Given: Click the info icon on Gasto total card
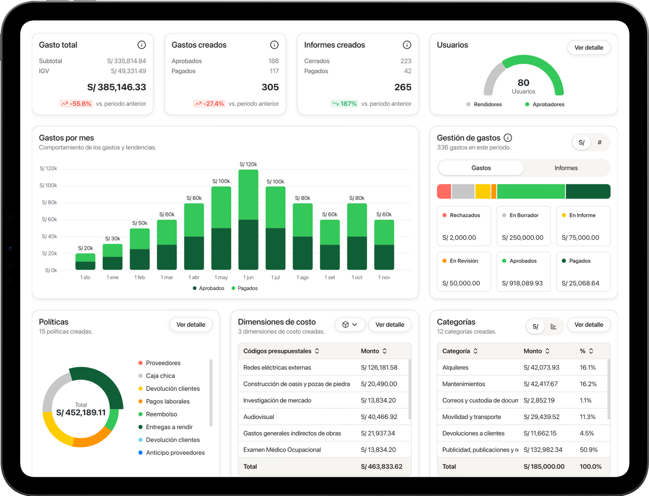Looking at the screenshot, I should [x=141, y=45].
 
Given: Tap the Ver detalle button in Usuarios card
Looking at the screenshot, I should [x=588, y=48].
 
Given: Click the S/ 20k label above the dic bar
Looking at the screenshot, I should [x=85, y=248].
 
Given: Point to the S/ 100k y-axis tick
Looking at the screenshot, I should [x=48, y=185].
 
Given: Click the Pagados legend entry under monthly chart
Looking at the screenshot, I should [x=245, y=288].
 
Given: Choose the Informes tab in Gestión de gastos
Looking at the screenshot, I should [x=566, y=168].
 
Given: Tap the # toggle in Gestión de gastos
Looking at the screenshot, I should [x=599, y=142].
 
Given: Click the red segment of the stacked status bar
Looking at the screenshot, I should [x=444, y=191].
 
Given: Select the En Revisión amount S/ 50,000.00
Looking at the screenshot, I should [x=461, y=283].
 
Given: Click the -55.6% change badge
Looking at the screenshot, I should [x=77, y=104].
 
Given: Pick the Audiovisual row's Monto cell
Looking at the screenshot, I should [x=379, y=417].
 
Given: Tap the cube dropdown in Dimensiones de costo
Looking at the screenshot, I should [x=349, y=325].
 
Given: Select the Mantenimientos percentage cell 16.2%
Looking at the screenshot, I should [x=588, y=384].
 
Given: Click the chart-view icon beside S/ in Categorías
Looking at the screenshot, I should [x=553, y=326].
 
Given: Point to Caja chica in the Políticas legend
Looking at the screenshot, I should [x=160, y=376].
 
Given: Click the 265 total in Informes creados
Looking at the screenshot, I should [x=403, y=87].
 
